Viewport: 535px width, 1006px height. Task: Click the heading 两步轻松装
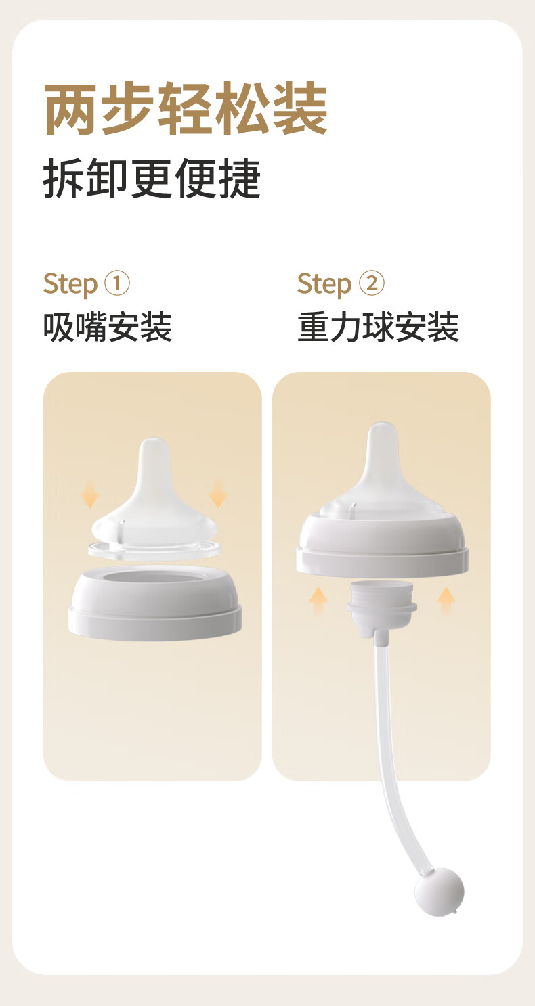click(186, 108)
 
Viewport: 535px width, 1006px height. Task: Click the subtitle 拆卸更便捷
click(152, 179)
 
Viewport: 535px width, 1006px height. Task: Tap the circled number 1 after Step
click(117, 283)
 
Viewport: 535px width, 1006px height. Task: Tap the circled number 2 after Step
click(371, 283)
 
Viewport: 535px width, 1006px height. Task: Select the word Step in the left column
click(70, 284)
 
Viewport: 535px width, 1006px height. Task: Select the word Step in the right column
click(324, 284)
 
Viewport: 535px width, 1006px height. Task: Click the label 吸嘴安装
click(108, 327)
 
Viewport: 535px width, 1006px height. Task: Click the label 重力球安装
click(378, 327)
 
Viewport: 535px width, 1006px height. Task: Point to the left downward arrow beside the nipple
click(90, 495)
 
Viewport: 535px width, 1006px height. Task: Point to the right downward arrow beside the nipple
click(218, 495)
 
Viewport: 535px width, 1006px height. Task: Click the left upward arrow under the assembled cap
click(318, 601)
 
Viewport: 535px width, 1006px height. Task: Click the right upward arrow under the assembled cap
click(446, 601)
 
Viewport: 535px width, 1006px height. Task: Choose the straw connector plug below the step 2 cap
click(382, 605)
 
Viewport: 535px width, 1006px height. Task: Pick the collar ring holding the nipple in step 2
click(382, 546)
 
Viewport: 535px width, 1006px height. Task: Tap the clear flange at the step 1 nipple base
click(154, 550)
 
